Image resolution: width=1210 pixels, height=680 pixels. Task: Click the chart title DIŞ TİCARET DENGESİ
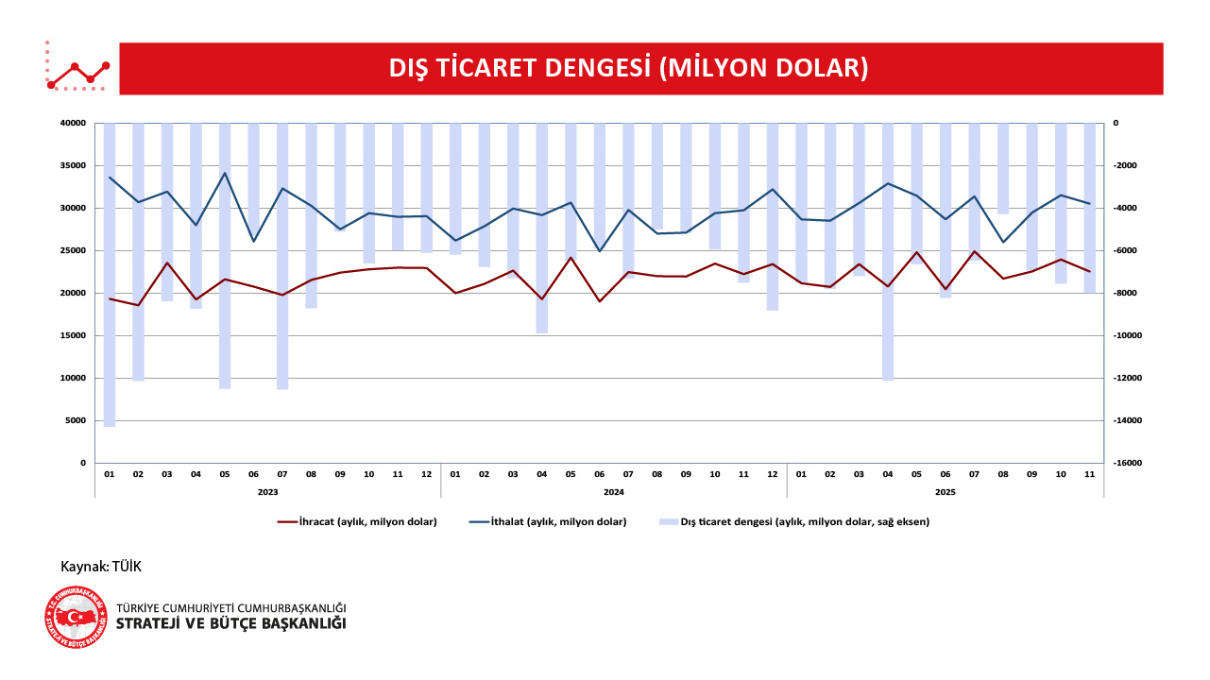[628, 68]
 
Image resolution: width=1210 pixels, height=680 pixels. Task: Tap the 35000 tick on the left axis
[73, 165]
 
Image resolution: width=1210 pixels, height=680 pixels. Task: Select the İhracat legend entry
[357, 521]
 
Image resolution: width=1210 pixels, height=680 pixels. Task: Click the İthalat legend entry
[547, 521]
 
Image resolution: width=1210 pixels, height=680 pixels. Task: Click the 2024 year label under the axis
[614, 491]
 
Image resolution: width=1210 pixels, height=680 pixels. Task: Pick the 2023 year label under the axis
[267, 491]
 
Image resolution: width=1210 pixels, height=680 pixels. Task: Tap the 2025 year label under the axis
[945, 491]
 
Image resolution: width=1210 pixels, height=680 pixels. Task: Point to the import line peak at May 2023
[225, 173]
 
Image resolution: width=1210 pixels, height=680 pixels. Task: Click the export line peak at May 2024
[571, 257]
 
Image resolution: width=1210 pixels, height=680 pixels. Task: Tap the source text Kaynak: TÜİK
[101, 566]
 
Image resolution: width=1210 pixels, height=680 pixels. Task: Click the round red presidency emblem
[76, 617]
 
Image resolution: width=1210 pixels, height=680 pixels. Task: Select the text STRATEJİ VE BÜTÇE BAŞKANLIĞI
[230, 623]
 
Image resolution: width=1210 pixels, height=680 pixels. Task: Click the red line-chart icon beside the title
[77, 69]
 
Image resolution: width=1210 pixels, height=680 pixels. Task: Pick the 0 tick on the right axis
[1116, 123]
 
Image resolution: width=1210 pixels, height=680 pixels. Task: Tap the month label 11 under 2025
[1089, 473]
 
